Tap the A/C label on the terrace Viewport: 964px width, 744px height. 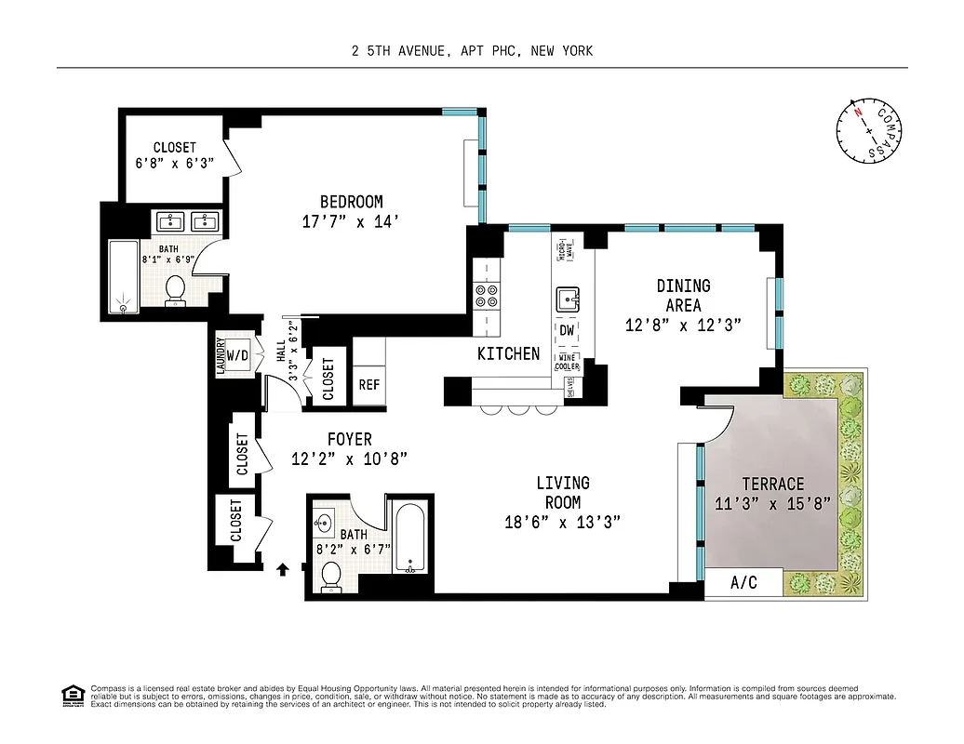[x=743, y=584]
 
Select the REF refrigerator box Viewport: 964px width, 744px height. [x=368, y=385]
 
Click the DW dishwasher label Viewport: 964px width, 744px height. [x=567, y=330]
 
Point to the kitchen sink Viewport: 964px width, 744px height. [x=568, y=299]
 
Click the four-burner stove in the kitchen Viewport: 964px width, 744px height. [x=487, y=296]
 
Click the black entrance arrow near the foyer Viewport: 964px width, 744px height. [x=283, y=568]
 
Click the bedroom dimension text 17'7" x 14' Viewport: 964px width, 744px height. [x=351, y=222]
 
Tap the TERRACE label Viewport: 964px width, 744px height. [x=772, y=484]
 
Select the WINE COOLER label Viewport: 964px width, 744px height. [x=568, y=363]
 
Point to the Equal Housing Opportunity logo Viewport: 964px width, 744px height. [x=71, y=695]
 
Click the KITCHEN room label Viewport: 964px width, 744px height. [x=508, y=353]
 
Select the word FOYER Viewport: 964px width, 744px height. [x=349, y=439]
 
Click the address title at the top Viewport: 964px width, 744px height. [x=472, y=51]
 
